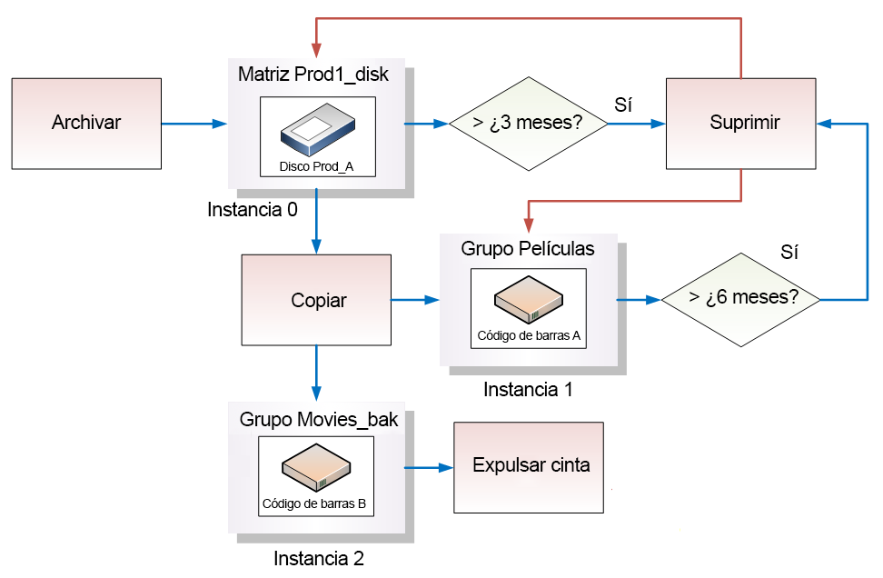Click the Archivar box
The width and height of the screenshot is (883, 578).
86,123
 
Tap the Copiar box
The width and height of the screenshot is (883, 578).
317,300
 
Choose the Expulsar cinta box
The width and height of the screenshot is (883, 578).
530,466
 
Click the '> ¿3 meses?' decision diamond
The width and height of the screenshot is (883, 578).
529,124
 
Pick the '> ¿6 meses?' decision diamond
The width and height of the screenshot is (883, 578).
741,298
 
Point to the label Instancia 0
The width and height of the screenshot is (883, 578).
253,211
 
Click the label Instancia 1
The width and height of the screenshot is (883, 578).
528,390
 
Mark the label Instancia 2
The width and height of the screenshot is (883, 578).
319,557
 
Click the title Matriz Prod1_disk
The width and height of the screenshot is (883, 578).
313,75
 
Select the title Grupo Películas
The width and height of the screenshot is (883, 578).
528,248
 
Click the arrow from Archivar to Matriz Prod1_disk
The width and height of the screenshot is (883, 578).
194,123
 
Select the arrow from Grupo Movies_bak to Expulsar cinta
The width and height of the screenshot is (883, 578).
428,467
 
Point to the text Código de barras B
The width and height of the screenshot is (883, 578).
314,503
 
